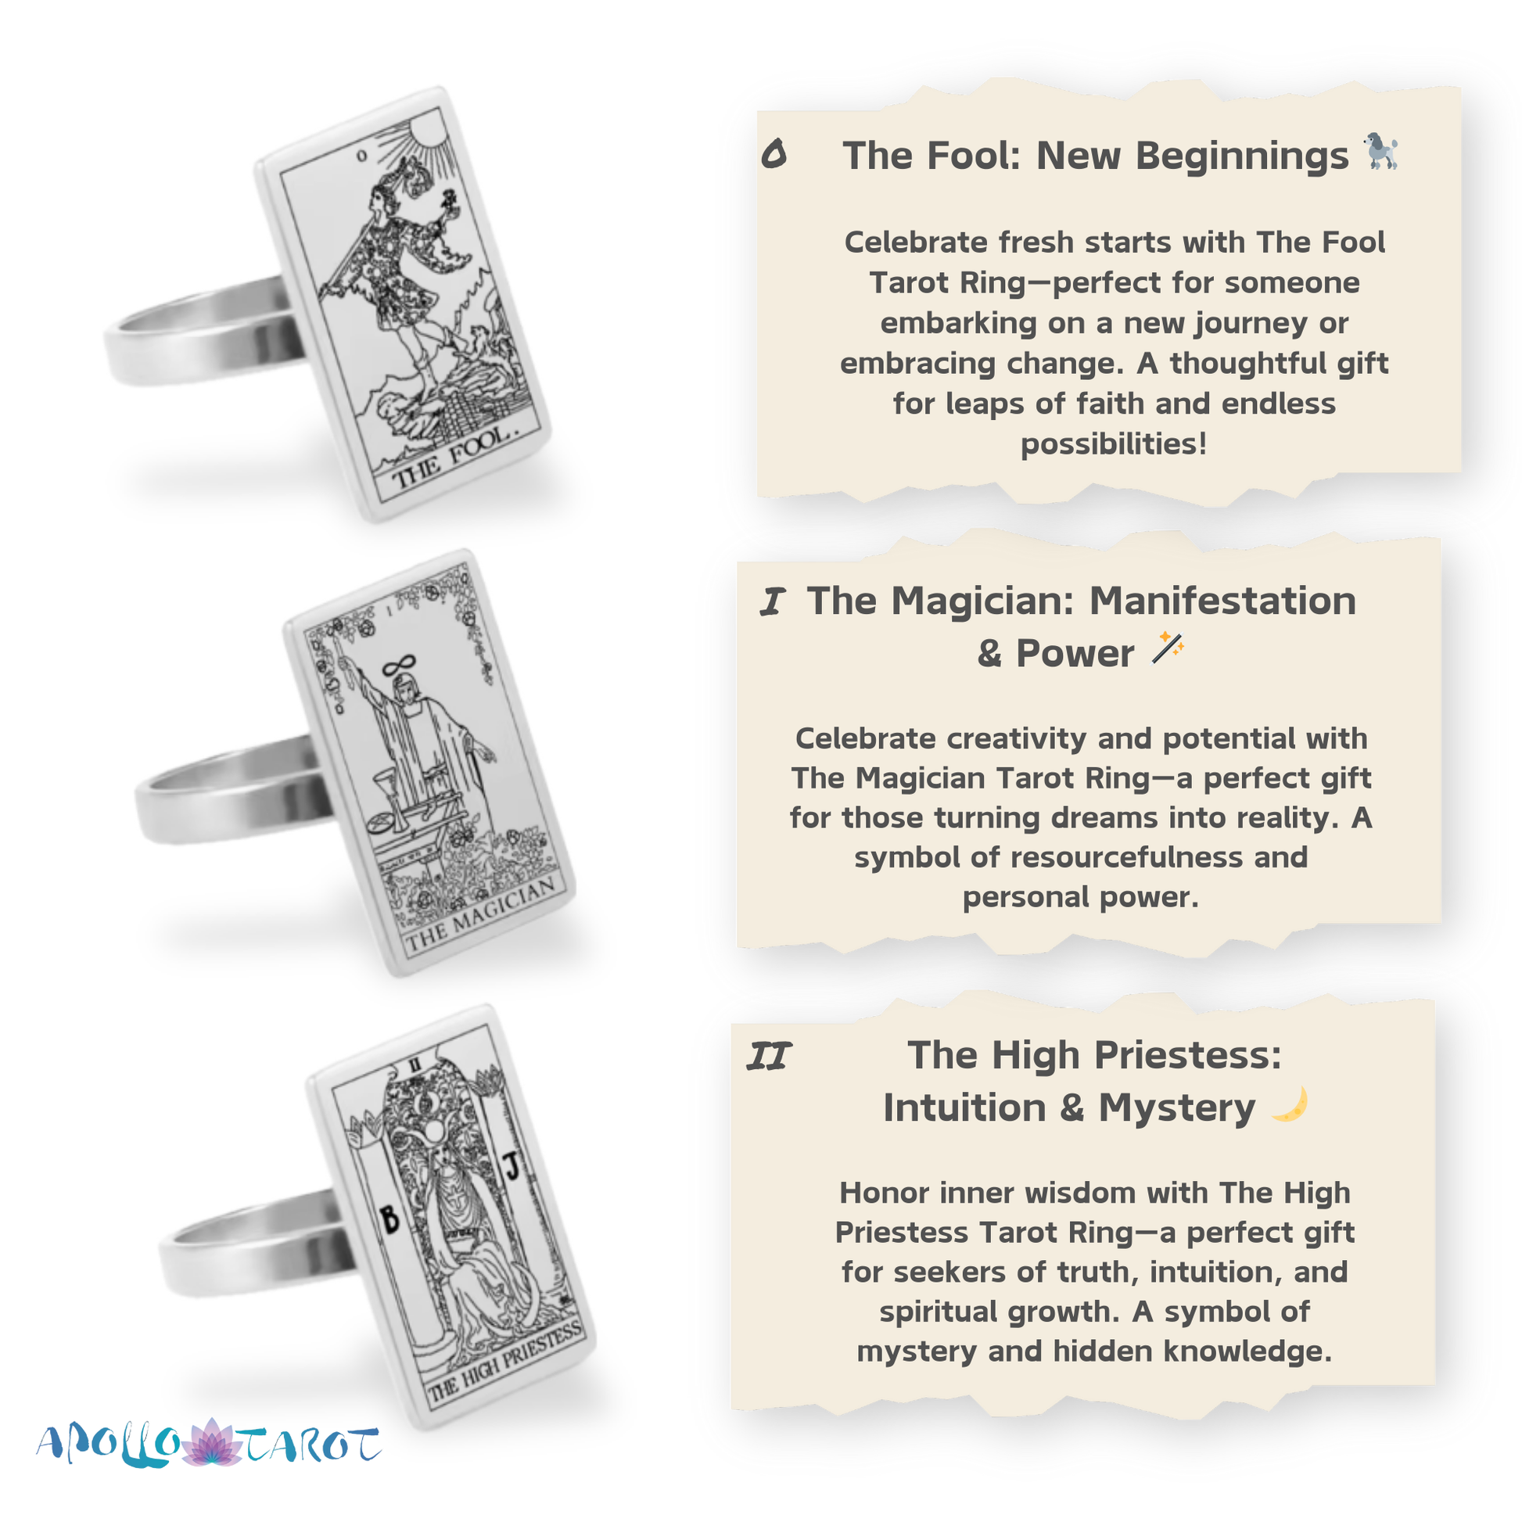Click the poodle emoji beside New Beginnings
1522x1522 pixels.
point(1381,151)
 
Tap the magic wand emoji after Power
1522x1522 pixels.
point(1168,648)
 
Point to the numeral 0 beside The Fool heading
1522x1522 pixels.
point(774,153)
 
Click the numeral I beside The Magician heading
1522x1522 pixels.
point(773,603)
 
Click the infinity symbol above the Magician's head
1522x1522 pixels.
point(400,666)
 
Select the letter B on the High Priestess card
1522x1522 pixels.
point(390,1220)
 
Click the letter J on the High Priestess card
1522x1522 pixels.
point(513,1166)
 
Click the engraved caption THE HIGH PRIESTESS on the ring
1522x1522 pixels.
point(505,1364)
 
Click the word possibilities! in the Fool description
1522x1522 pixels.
point(1114,444)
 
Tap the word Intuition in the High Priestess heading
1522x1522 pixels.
point(965,1108)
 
